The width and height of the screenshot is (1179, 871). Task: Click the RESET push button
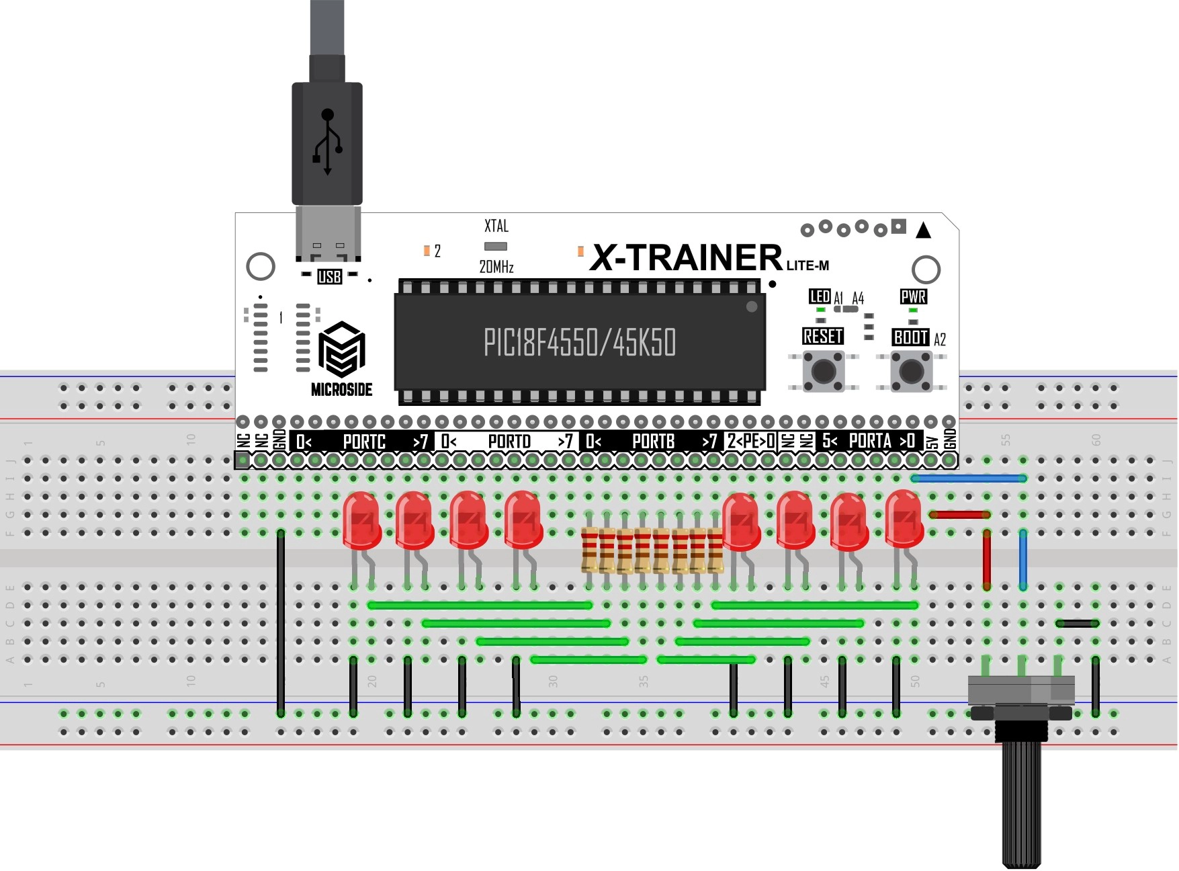pos(824,370)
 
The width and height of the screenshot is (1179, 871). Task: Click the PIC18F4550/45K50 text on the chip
pos(579,342)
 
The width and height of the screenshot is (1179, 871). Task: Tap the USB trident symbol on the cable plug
pos(327,142)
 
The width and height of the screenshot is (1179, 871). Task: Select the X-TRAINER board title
pos(686,258)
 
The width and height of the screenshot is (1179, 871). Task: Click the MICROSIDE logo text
pos(341,389)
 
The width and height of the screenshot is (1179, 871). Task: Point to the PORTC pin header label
pos(364,442)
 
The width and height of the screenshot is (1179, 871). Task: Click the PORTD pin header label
pos(509,442)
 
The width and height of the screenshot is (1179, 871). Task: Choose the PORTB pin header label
pos(653,442)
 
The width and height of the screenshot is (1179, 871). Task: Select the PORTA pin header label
pos(869,441)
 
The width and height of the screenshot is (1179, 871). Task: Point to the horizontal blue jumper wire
pos(969,479)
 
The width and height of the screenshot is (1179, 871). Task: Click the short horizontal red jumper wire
pos(959,515)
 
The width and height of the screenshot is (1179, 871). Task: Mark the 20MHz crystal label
pos(496,267)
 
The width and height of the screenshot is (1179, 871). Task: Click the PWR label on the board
pos(913,296)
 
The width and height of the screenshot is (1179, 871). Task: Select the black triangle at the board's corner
pos(924,231)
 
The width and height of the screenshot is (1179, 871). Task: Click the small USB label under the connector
pos(329,276)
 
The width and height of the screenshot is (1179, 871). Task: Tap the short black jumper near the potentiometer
pos(1077,624)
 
